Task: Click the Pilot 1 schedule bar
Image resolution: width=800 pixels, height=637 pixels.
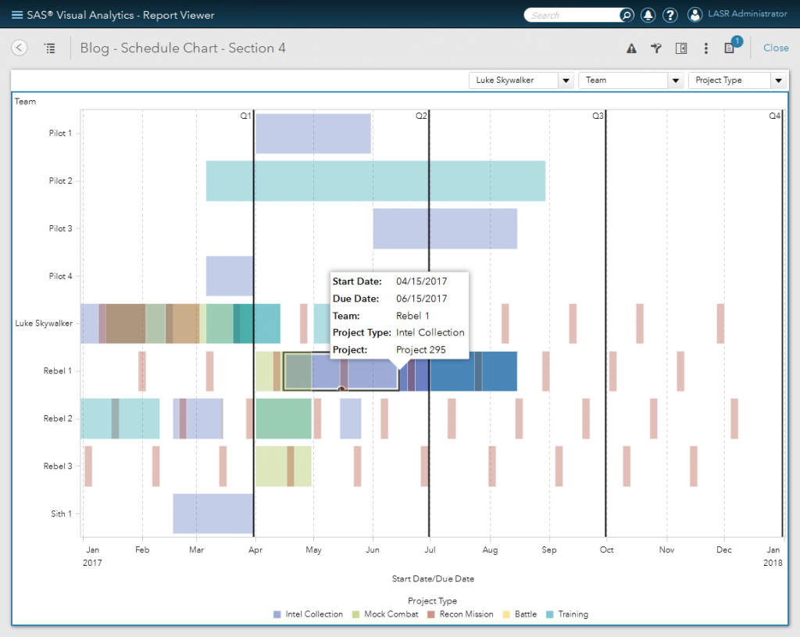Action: click(x=312, y=134)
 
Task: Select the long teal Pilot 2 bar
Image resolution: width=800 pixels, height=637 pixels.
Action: click(x=375, y=181)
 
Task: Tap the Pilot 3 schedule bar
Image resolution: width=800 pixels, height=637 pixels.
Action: click(x=445, y=228)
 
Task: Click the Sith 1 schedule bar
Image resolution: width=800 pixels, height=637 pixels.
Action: click(x=212, y=514)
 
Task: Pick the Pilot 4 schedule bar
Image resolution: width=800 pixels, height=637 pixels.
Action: click(x=230, y=276)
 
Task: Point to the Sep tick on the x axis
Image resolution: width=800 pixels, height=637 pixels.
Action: click(x=549, y=550)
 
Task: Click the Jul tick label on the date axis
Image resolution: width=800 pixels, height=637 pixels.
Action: click(x=429, y=550)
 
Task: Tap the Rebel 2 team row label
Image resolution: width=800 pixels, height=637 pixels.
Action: click(x=57, y=419)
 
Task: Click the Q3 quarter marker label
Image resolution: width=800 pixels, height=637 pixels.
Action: click(x=597, y=116)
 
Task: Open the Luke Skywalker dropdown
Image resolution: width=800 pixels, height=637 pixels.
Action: click(x=521, y=81)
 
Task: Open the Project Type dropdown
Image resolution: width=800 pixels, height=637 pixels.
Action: click(x=736, y=81)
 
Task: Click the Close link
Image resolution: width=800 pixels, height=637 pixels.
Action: click(x=775, y=48)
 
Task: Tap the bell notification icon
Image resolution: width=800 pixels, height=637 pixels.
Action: click(x=648, y=15)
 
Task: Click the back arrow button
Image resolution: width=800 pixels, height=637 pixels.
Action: click(x=20, y=48)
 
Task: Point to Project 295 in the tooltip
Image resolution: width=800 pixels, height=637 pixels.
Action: click(x=420, y=349)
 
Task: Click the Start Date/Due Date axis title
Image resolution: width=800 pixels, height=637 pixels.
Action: click(x=432, y=579)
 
